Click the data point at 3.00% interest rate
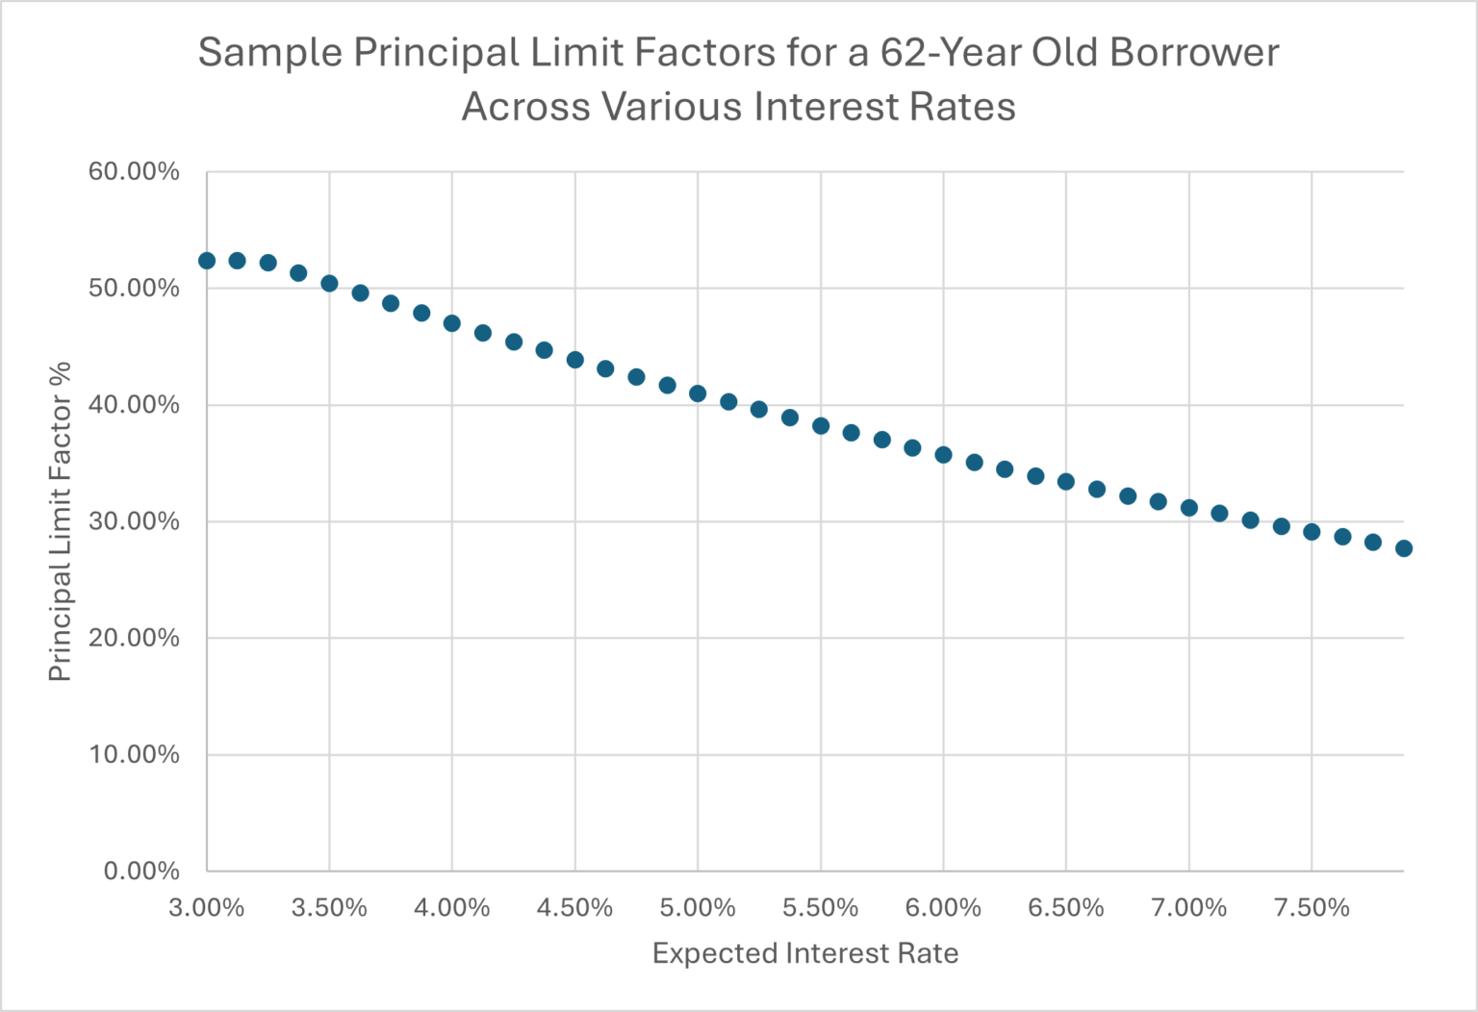(207, 261)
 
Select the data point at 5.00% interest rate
(698, 393)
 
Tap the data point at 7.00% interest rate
(1189, 508)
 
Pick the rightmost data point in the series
(1404, 548)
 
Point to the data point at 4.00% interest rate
(452, 323)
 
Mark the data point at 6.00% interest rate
(943, 455)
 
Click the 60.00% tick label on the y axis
(134, 172)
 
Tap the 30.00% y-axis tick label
(134, 521)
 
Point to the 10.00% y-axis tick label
(134, 755)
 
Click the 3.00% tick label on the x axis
(207, 908)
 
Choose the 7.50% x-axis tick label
(1312, 908)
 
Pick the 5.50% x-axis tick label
(820, 908)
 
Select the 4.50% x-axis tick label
(574, 908)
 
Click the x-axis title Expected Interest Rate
(805, 953)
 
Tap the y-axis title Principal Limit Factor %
(60, 521)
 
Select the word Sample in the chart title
(269, 53)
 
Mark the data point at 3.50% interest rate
(329, 284)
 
